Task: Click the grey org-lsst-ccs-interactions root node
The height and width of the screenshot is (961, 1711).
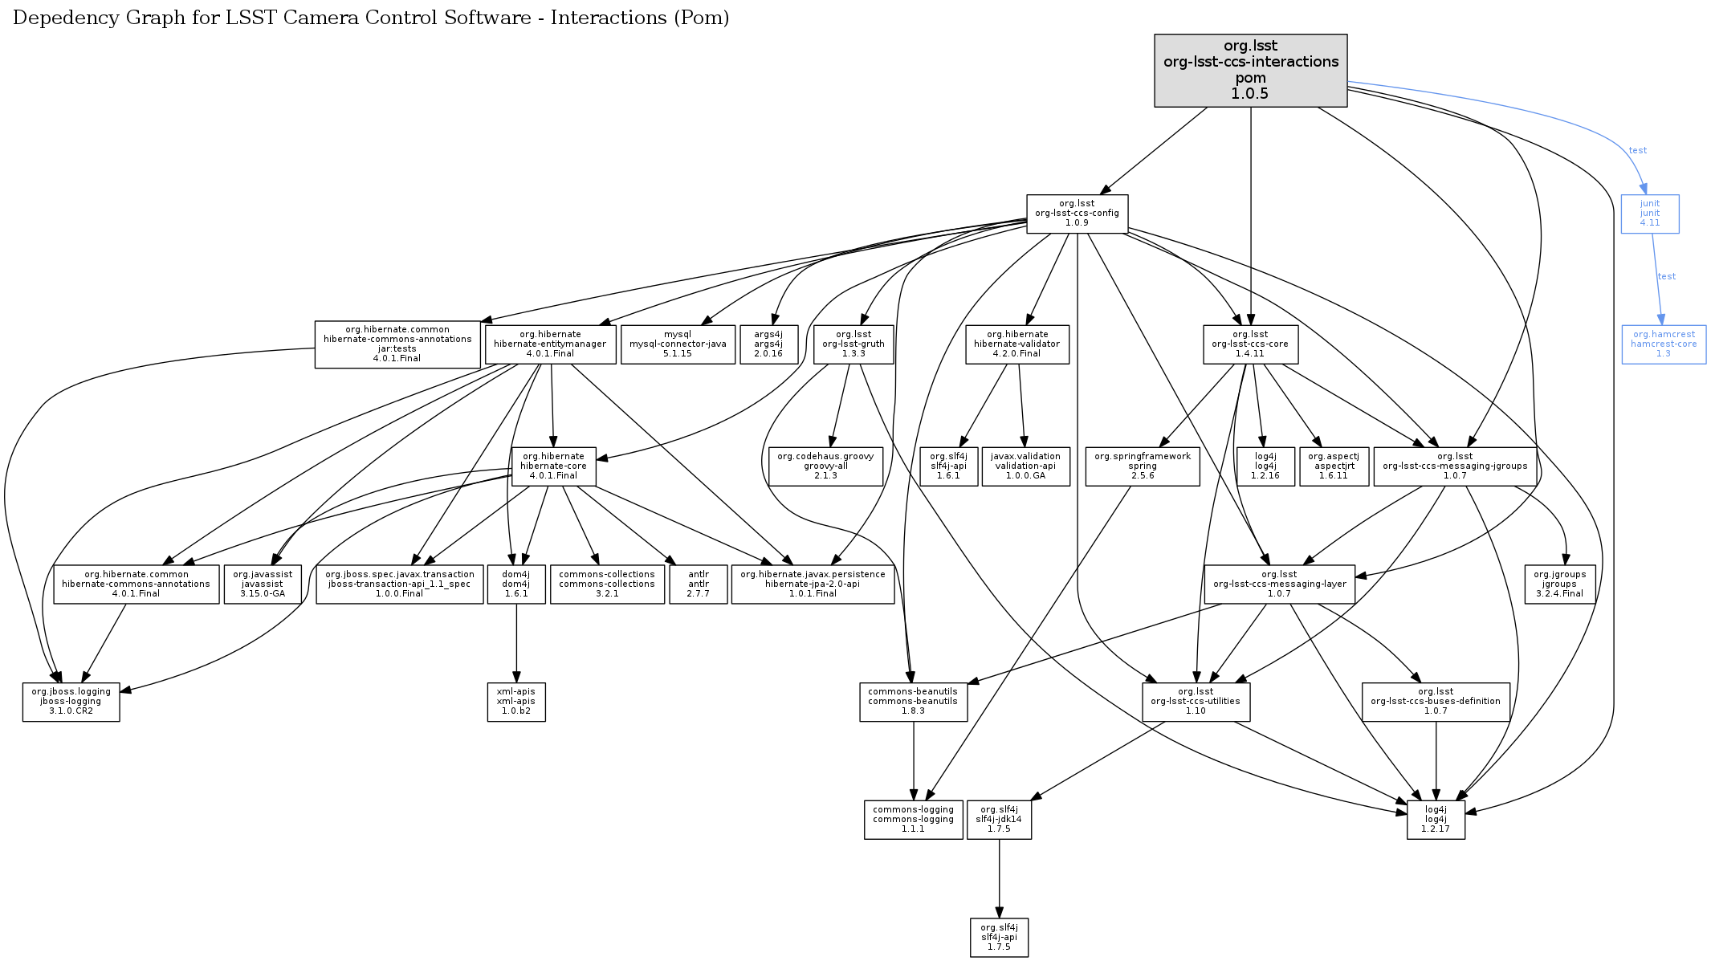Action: (1250, 70)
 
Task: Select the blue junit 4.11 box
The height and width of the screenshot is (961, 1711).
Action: (1649, 214)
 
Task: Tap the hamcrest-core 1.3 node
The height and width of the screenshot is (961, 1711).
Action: (1663, 344)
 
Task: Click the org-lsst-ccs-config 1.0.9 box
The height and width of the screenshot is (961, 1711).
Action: (1077, 214)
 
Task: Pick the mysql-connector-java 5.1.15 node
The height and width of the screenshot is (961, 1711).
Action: (678, 344)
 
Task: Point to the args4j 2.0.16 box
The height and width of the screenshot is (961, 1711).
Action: (768, 344)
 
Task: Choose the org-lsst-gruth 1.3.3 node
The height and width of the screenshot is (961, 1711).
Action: (853, 344)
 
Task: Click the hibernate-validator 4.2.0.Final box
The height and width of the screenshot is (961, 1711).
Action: (1016, 344)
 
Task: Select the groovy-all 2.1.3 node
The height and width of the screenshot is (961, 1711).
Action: (825, 466)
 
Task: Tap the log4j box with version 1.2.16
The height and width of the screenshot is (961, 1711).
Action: (1265, 466)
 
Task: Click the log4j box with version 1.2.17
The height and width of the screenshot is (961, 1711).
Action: (1436, 820)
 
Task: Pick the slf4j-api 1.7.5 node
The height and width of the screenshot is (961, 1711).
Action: (999, 938)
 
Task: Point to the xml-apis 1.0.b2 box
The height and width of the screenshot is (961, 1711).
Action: (515, 702)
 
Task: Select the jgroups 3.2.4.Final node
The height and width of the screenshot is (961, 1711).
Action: (1559, 584)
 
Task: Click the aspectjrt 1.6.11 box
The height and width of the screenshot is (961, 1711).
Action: (1334, 466)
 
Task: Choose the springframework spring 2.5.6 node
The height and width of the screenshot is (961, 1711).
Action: (1143, 466)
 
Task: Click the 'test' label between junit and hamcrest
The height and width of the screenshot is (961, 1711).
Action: (1667, 276)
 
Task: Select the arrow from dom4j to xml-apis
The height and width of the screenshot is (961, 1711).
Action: (516, 643)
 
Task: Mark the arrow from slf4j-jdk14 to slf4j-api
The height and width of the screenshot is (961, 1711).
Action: (999, 879)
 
